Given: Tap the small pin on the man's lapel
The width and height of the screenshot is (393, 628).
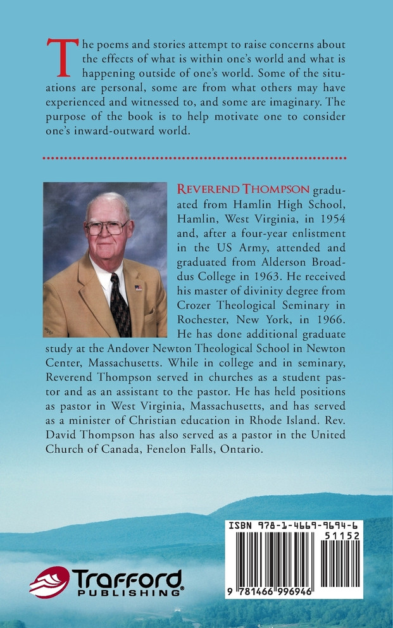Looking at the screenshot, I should click(139, 288).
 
